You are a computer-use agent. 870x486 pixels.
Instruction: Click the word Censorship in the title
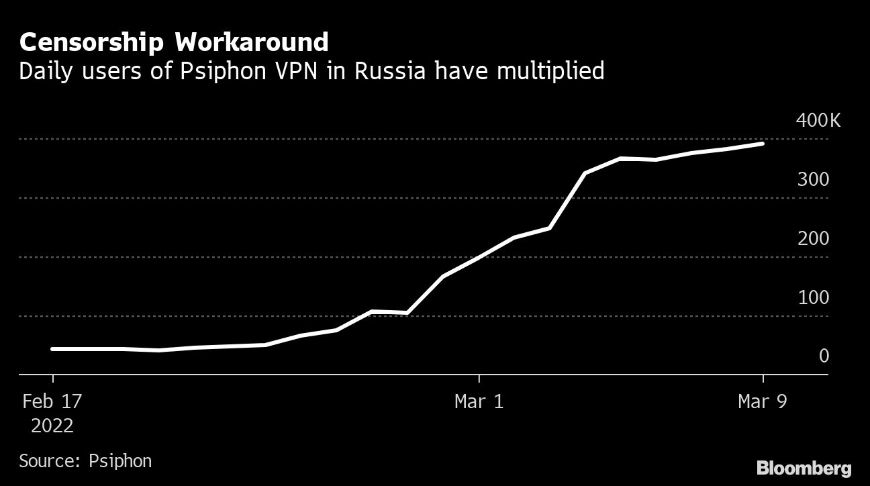pos(92,43)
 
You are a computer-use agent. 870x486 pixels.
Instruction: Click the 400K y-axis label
pos(818,121)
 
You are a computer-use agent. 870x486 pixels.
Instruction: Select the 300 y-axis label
pos(813,180)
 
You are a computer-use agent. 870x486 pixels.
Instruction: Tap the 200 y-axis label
pos(813,239)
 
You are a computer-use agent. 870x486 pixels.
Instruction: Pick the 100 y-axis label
pos(813,297)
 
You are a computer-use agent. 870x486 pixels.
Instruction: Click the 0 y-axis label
pos(824,356)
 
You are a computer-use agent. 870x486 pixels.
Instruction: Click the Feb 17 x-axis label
pos(52,402)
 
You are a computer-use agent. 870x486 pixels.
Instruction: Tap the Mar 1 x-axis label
pos(479,402)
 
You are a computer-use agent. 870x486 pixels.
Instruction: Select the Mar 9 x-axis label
pos(763,402)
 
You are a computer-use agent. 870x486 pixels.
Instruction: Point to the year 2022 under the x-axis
pos(52,426)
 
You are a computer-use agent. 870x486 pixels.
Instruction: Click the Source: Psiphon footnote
pos(85,461)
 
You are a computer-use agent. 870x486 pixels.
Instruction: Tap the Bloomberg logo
pos(804,468)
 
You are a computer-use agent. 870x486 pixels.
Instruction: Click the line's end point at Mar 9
pos(763,144)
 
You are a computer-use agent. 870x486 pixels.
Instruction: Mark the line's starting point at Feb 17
pos(52,349)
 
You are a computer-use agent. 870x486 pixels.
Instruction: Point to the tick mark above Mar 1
pos(479,379)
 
